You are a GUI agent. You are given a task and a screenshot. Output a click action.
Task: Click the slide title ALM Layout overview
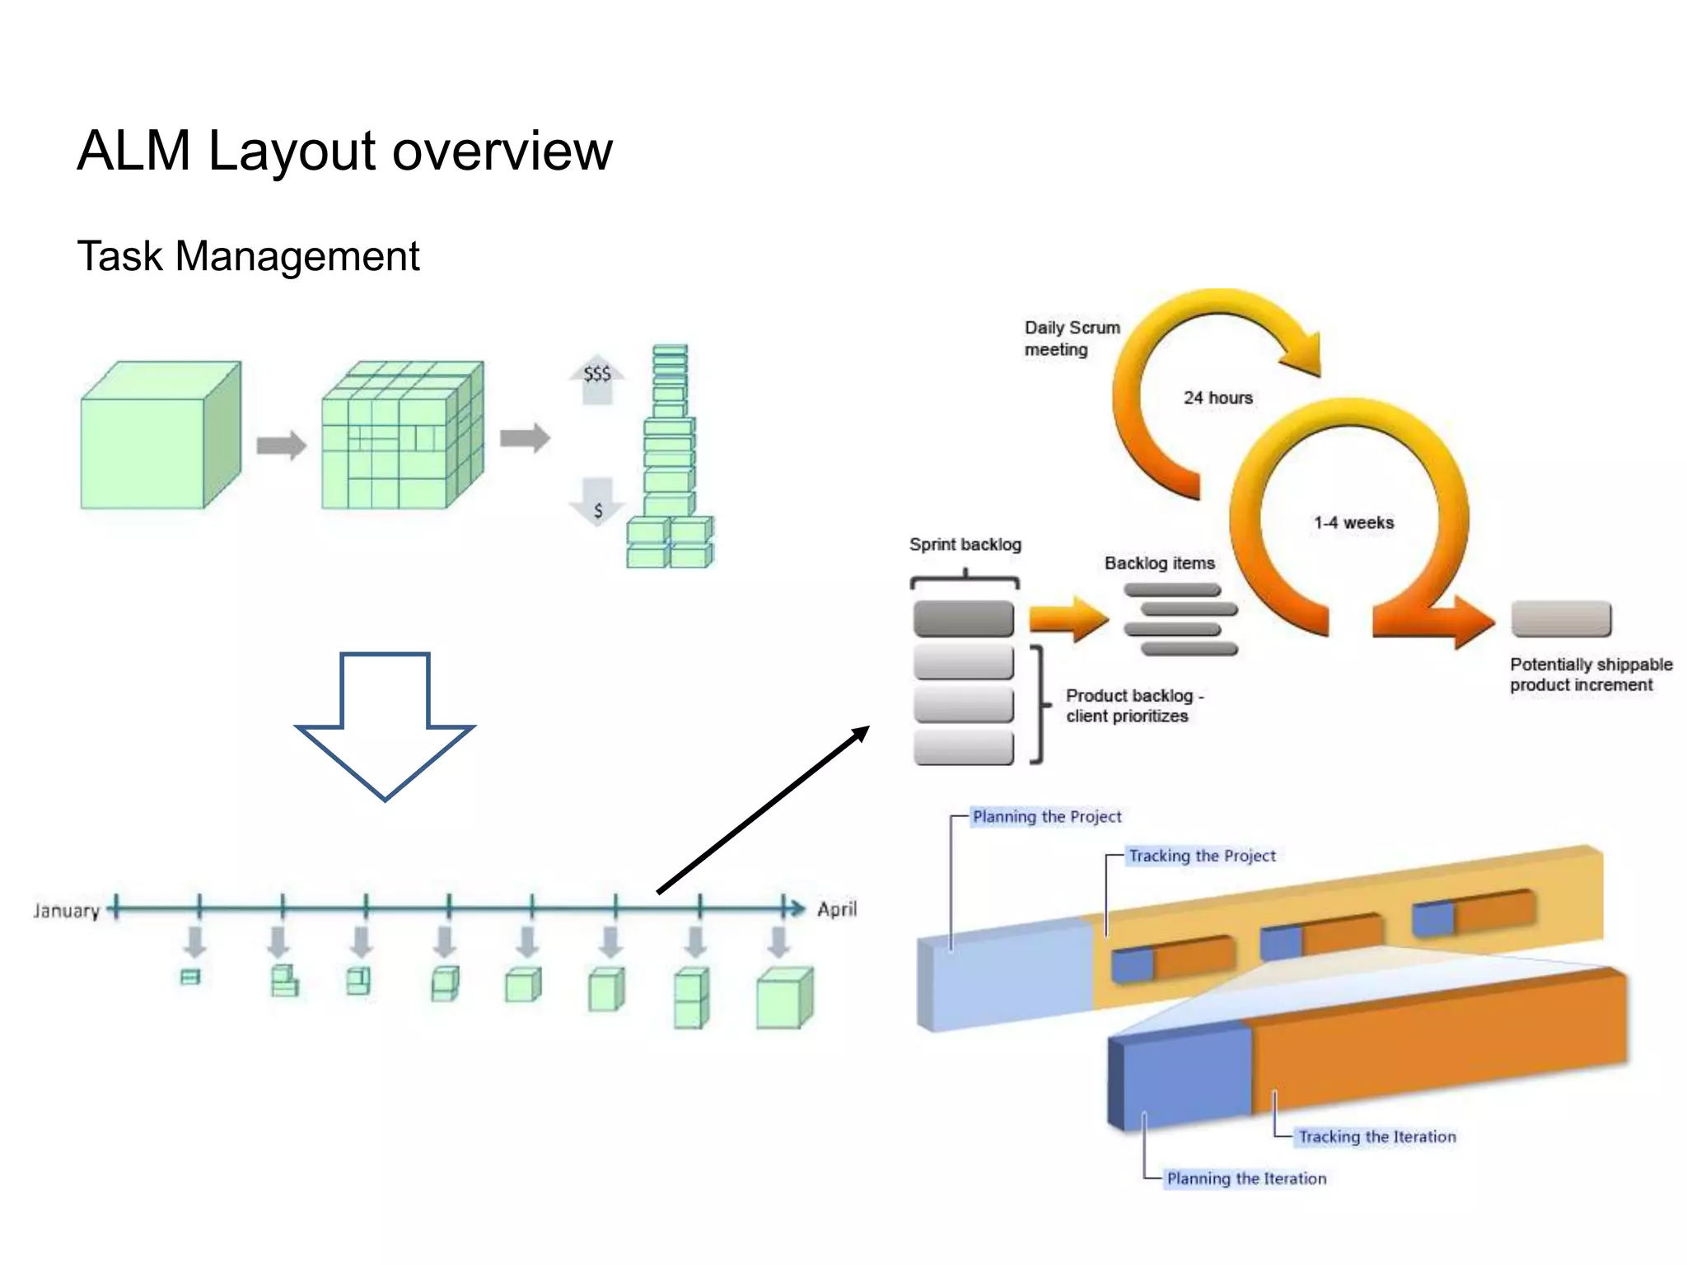(344, 151)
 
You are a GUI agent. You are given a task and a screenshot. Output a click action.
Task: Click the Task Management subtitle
(248, 255)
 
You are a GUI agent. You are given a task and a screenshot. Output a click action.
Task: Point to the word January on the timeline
(66, 911)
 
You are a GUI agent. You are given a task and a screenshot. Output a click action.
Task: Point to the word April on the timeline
(836, 909)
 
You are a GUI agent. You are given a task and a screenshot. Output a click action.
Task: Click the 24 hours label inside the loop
(1217, 398)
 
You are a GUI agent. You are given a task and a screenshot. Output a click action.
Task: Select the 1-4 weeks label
(1353, 523)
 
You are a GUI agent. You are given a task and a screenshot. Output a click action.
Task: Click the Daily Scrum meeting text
(1071, 338)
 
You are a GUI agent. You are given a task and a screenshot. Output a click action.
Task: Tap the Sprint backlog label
(965, 544)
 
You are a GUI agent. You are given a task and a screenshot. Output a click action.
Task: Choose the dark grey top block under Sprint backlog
(963, 618)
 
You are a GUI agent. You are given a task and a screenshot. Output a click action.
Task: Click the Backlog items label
(1159, 563)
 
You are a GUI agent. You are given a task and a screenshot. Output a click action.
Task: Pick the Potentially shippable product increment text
(1590, 675)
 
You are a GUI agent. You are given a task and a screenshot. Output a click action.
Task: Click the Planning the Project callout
(1046, 817)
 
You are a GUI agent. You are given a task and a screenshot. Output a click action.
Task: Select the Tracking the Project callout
(1201, 856)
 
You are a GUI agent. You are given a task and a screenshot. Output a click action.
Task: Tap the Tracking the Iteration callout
(1376, 1137)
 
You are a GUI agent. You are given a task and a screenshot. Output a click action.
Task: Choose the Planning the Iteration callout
(1245, 1179)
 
